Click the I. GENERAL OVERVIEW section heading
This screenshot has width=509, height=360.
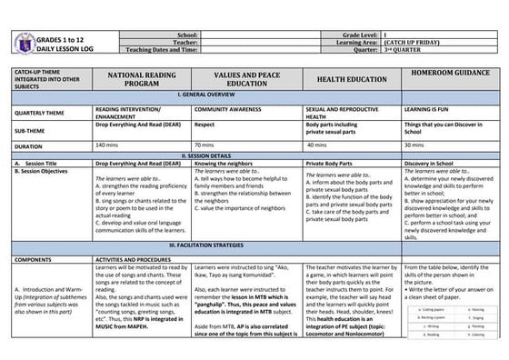click(254, 95)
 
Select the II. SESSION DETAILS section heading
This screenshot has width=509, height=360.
click(254, 155)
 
